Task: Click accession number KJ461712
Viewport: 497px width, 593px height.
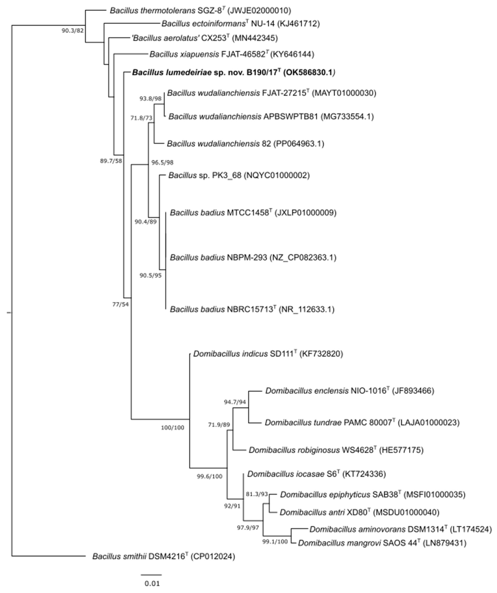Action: point(299,24)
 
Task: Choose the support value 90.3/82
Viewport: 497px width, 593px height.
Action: point(73,31)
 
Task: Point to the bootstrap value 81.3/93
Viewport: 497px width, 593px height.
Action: point(257,494)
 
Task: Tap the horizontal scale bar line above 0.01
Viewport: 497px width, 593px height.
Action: point(151,575)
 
